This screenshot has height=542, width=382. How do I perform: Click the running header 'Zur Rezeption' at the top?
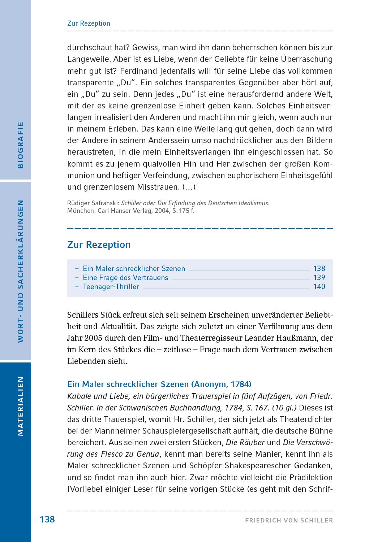(89, 23)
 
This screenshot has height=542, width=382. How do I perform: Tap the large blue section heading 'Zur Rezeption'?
(99, 245)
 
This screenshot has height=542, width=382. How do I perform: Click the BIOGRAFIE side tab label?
(21, 145)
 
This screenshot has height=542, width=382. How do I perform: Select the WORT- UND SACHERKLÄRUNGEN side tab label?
(21, 271)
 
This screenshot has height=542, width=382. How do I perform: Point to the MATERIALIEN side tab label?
(21, 406)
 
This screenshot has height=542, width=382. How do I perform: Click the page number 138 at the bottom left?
(47, 519)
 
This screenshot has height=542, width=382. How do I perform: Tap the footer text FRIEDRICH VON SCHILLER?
(289, 520)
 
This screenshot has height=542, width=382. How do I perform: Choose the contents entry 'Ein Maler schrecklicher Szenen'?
(134, 268)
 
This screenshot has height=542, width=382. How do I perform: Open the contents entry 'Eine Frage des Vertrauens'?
(125, 278)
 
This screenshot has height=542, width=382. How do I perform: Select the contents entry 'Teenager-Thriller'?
(111, 287)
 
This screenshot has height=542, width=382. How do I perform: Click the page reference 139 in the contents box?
(319, 278)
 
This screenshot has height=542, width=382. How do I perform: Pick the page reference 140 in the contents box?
(319, 287)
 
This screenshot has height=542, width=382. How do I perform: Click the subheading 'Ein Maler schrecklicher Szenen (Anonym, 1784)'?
(159, 384)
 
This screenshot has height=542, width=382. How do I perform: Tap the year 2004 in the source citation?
(162, 211)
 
